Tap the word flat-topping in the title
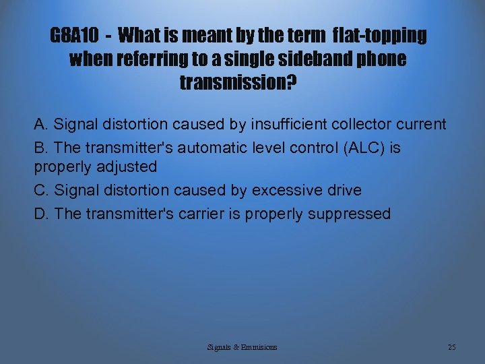(380, 35)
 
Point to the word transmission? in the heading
(238, 84)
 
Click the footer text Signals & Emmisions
(243, 346)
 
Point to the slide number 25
(451, 346)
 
